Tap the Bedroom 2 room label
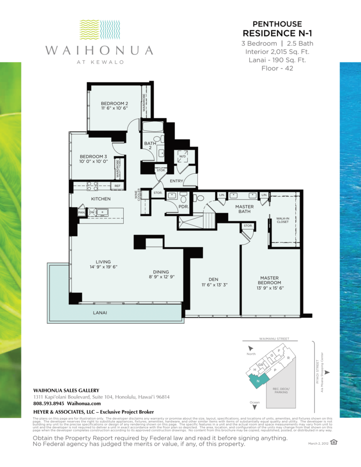pyautogui.click(x=114, y=104)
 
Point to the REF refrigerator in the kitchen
pyautogui.click(x=117, y=186)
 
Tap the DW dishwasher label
pyautogui.click(x=92, y=213)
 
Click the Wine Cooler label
pyautogui.click(x=136, y=195)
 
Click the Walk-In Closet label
pyautogui.click(x=285, y=220)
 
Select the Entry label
pyautogui.click(x=176, y=181)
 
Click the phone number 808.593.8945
pyautogui.click(x=49, y=404)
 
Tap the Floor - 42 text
pyautogui.click(x=277, y=68)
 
